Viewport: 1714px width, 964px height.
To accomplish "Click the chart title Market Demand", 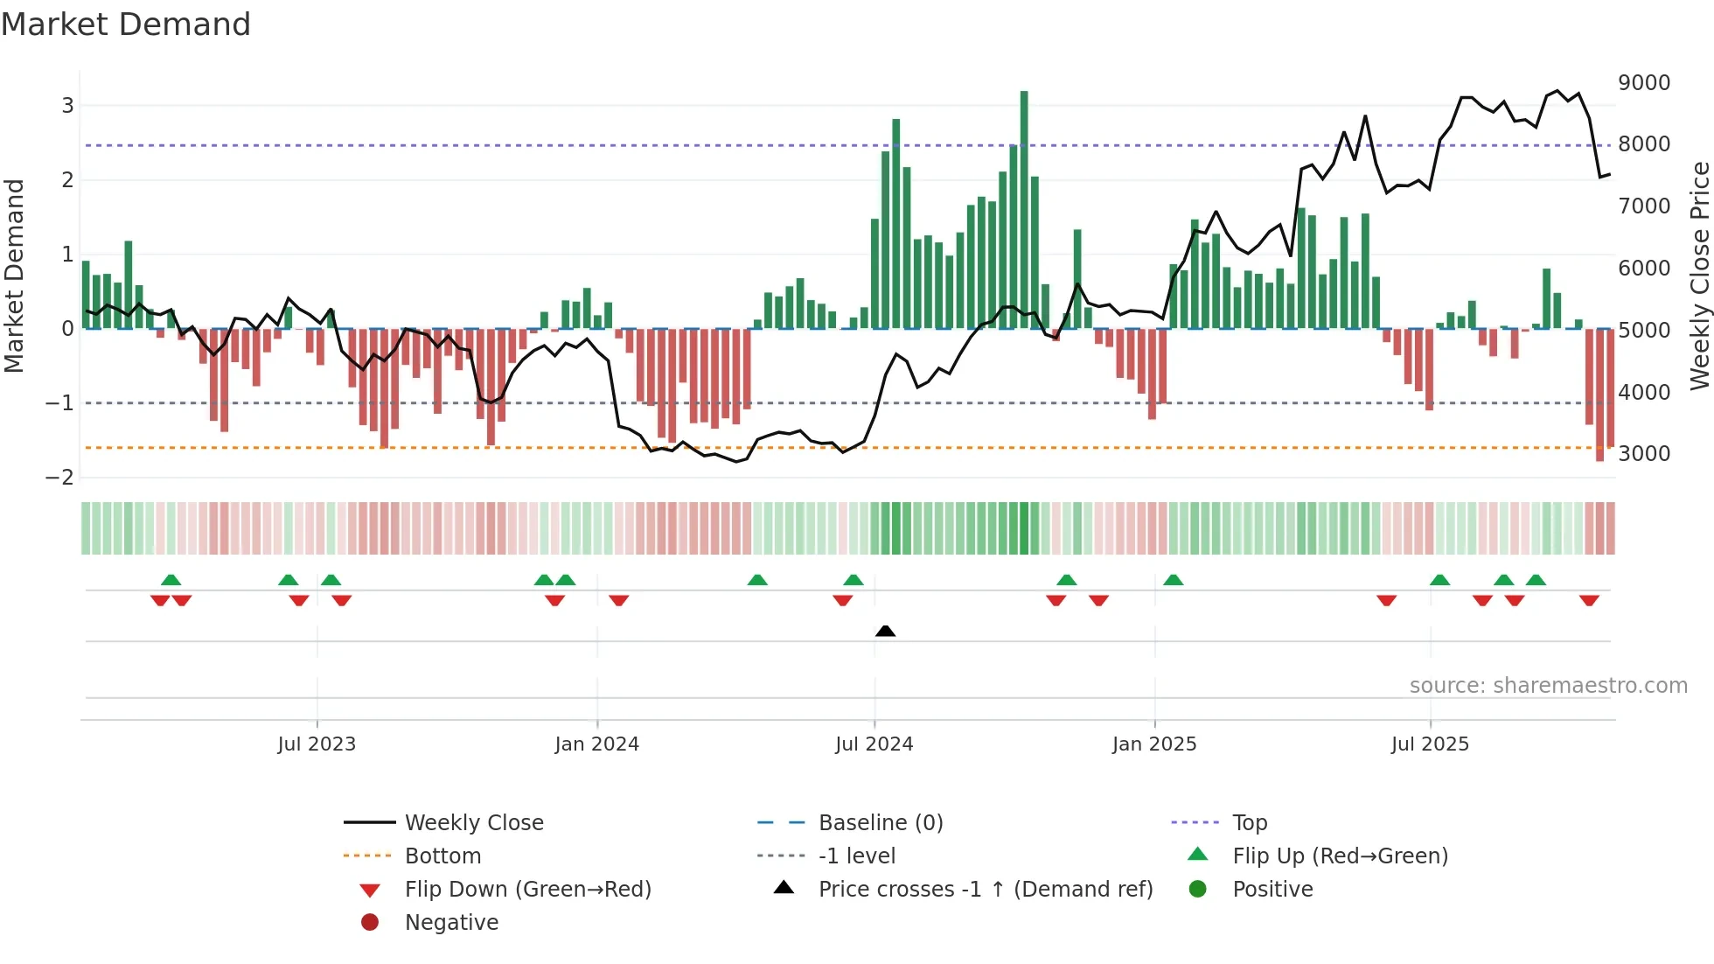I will pos(126,24).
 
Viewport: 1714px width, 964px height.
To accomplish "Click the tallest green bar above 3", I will pos(1024,210).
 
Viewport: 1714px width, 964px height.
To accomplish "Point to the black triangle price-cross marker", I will pos(885,631).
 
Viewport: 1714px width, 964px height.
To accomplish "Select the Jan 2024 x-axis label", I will pos(596,744).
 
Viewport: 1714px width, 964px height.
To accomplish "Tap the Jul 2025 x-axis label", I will pos(1430,744).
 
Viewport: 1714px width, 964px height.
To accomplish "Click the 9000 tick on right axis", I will pos(1643,83).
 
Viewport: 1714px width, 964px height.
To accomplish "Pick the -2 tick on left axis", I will pos(60,478).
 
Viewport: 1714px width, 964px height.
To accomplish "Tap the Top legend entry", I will pos(1249,823).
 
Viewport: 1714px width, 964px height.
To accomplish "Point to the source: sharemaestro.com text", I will pos(1548,686).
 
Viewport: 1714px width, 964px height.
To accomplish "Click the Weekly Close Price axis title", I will pos(1699,276).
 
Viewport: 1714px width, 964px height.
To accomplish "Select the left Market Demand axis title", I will pos(14,276).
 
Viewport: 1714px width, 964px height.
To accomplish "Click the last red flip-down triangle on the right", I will pos(1589,600).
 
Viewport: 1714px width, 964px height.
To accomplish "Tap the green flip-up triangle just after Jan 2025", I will pos(1174,580).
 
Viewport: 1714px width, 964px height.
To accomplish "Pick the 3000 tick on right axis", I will pos(1643,454).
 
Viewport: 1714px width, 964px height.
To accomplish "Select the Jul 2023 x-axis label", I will pos(317,744).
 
